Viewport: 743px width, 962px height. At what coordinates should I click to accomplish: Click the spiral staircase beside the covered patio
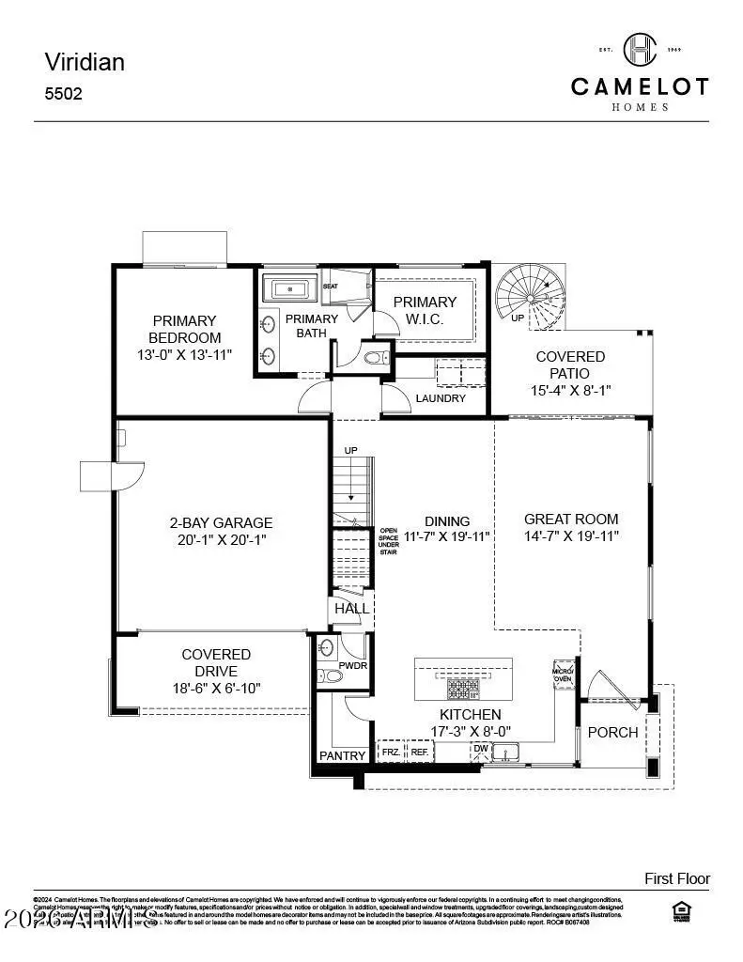(x=529, y=294)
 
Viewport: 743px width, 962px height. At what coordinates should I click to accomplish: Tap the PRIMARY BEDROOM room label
(x=184, y=329)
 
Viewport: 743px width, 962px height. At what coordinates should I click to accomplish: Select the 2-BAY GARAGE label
(x=221, y=523)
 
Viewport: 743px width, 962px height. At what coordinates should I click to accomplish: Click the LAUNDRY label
(x=441, y=398)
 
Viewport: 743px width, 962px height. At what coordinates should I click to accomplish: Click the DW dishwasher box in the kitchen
(x=480, y=749)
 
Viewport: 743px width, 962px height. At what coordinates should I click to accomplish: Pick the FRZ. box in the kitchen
(x=391, y=753)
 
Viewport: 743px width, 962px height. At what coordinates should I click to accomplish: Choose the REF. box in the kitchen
(x=419, y=753)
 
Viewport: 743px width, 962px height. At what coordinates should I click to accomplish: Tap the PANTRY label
(x=342, y=755)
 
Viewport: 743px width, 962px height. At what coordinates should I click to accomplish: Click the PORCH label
(x=612, y=732)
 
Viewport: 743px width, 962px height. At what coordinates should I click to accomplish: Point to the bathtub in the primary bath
(x=290, y=287)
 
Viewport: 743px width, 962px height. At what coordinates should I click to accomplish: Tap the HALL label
(x=352, y=609)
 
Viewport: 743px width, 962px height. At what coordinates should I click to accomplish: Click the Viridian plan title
(x=85, y=62)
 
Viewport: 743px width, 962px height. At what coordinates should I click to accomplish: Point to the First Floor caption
(x=676, y=878)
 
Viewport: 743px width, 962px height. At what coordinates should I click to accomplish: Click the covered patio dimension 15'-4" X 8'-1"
(x=570, y=390)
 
